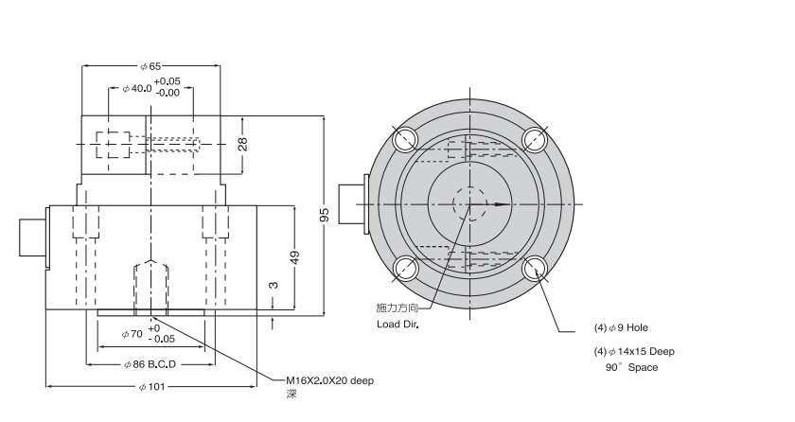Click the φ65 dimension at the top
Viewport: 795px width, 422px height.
click(x=150, y=67)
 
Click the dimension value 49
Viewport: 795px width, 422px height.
click(x=294, y=257)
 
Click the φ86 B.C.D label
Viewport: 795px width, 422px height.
click(x=151, y=364)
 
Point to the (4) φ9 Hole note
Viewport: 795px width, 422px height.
click(x=622, y=327)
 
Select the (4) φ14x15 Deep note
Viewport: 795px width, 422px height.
click(x=634, y=351)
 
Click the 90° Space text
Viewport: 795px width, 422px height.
click(x=631, y=367)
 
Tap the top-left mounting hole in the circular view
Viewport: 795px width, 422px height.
click(x=406, y=140)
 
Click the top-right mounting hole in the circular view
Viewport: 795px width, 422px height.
click(x=536, y=140)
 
